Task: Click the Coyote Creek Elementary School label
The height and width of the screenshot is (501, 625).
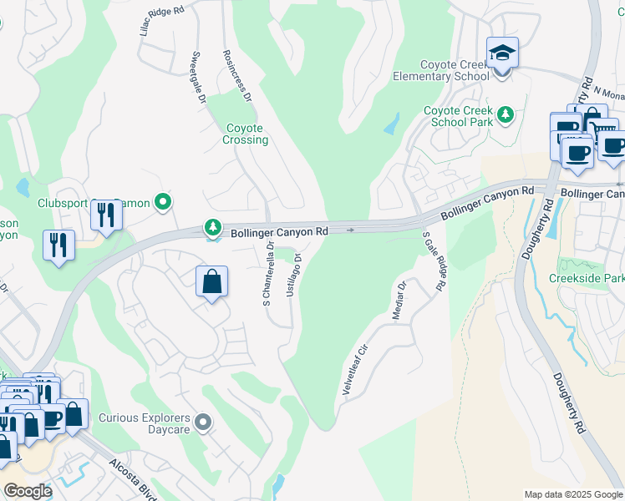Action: tap(441, 70)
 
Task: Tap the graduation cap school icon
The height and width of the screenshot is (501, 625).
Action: tap(502, 53)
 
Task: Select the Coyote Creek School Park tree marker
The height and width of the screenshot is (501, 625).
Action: tap(505, 114)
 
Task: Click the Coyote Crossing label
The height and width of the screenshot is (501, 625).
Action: tap(246, 134)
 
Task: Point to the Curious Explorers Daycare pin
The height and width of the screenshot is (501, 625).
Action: tap(202, 423)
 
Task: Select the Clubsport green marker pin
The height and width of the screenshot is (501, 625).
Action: tap(165, 201)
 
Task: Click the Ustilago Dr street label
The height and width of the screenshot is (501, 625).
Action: tap(293, 276)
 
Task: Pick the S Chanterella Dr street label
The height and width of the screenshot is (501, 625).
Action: tap(268, 274)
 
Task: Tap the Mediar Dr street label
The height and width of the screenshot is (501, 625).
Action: tap(399, 301)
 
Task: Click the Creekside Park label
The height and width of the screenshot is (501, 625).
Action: tap(587, 278)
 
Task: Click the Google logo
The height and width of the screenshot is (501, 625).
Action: tap(27, 491)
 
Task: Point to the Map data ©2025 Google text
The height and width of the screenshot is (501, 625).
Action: tap(573, 494)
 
